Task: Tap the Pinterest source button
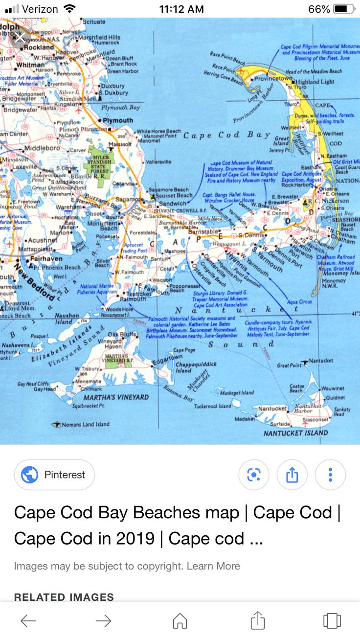[54, 475]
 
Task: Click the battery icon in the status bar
[345, 9]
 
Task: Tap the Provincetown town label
[273, 78]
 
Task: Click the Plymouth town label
[118, 120]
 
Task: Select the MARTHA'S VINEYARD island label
[116, 397]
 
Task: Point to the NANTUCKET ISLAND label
[295, 433]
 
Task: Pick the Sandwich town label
[173, 204]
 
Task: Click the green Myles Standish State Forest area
[100, 161]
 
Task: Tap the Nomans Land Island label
[85, 424]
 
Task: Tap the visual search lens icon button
[253, 475]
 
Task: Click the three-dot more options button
[330, 475]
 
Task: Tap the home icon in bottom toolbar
[180, 621]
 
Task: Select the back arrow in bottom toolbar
[28, 621]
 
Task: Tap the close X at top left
[19, 38]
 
